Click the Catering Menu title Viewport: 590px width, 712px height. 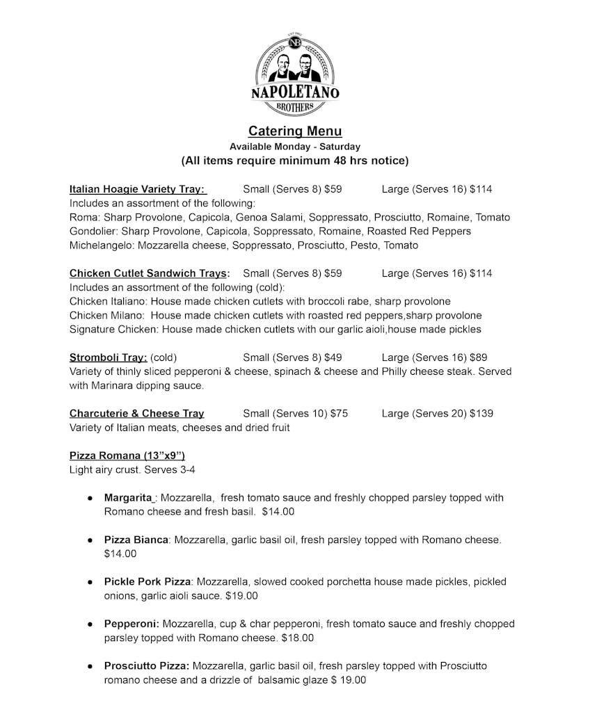click(295, 131)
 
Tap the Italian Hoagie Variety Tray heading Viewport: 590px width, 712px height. click(137, 189)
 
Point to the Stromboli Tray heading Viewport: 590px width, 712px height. click(108, 357)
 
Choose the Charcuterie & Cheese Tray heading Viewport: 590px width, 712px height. click(137, 413)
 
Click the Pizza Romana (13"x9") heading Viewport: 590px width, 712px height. click(127, 455)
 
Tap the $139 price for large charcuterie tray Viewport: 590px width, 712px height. click(481, 413)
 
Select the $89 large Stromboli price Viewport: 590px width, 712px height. click(478, 357)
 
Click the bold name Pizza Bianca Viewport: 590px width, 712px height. click(136, 540)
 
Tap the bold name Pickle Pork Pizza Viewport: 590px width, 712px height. click(147, 581)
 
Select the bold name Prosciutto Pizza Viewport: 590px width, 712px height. click(147, 665)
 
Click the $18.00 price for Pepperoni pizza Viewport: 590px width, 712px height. click(298, 638)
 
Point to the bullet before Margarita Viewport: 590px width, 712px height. click(90, 499)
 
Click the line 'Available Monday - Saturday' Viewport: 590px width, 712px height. click(295, 147)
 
